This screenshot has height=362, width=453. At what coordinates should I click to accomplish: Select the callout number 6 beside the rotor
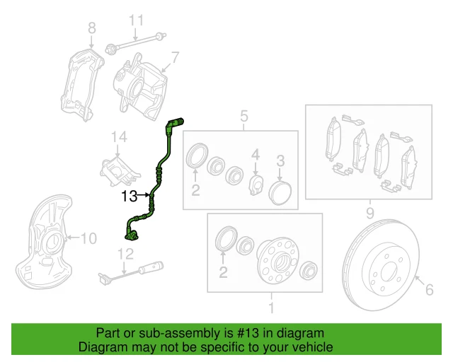click(x=428, y=287)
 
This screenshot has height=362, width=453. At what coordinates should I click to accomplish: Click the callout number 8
click(x=91, y=28)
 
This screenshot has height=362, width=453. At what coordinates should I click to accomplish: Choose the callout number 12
click(x=125, y=254)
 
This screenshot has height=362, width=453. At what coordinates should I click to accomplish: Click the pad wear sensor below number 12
click(x=142, y=269)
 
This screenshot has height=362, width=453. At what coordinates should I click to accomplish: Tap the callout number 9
click(x=369, y=211)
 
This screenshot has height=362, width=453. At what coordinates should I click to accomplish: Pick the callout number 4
click(x=257, y=153)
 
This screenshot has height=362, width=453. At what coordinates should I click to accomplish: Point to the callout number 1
click(x=269, y=308)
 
